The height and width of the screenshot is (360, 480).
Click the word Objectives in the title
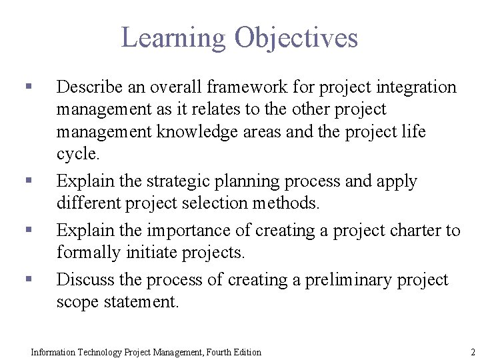pyautogui.click(x=296, y=38)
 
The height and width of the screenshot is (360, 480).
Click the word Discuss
pyautogui.click(x=83, y=280)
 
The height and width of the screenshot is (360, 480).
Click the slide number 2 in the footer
pyautogui.click(x=472, y=351)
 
